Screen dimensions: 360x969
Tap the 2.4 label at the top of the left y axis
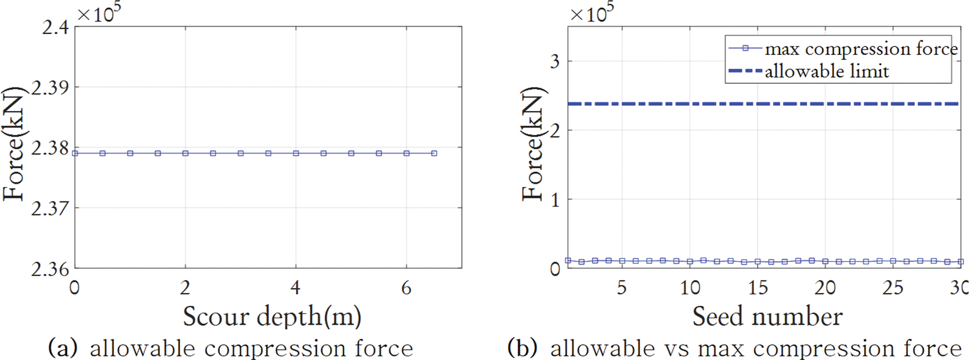(x=55, y=28)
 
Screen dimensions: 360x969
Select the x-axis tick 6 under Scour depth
(x=406, y=288)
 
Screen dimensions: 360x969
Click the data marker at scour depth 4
(x=296, y=154)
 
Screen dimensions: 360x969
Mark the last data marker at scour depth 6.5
(x=434, y=154)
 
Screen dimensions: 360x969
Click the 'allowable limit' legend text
(x=827, y=72)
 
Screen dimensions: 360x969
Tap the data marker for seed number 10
(x=690, y=261)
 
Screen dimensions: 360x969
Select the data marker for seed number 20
(x=825, y=261)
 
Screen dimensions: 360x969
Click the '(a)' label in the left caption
(x=63, y=348)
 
